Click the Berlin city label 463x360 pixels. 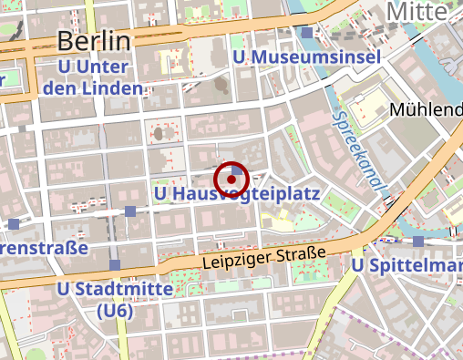pyautogui.click(x=94, y=40)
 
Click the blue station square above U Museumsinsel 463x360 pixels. pyautogui.click(x=308, y=33)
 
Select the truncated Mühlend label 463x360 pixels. pyautogui.click(x=426, y=109)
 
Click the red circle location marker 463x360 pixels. pyautogui.click(x=231, y=180)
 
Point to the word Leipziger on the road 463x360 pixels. pyautogui.click(x=231, y=261)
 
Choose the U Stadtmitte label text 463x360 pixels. pyautogui.click(x=115, y=290)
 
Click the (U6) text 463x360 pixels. pyautogui.click(x=115, y=311)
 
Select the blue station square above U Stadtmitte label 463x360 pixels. pyautogui.click(x=114, y=265)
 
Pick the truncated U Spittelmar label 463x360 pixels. pyautogui.click(x=406, y=265)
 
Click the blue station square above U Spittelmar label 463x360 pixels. pyautogui.click(x=417, y=242)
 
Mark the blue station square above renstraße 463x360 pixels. pyautogui.click(x=13, y=223)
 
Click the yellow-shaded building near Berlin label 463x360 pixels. pyautogui.click(x=170, y=61)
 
